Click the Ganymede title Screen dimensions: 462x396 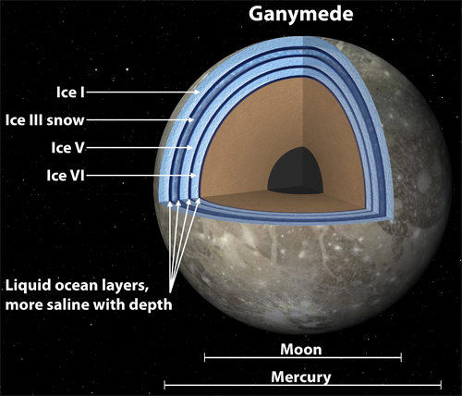point(300,15)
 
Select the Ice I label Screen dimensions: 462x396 point(70,93)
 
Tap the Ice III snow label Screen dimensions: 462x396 point(44,120)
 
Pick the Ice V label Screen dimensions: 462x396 point(67,148)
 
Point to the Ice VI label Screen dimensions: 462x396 point(66,176)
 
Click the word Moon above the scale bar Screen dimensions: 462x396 point(301,350)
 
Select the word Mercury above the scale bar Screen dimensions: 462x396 point(301,377)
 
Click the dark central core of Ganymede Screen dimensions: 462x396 point(296,170)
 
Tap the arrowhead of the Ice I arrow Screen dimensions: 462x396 point(197,92)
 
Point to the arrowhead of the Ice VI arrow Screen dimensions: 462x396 point(193,176)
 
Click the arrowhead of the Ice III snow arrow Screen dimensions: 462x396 point(191,120)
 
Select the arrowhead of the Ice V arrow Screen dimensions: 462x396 point(189,148)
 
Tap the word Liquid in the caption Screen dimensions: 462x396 point(28,286)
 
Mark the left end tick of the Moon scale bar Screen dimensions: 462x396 point(205,358)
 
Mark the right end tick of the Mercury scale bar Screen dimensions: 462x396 point(441,385)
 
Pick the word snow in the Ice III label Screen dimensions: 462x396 point(66,120)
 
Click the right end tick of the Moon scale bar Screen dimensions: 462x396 point(401,358)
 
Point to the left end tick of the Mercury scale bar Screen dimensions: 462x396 point(164,385)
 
